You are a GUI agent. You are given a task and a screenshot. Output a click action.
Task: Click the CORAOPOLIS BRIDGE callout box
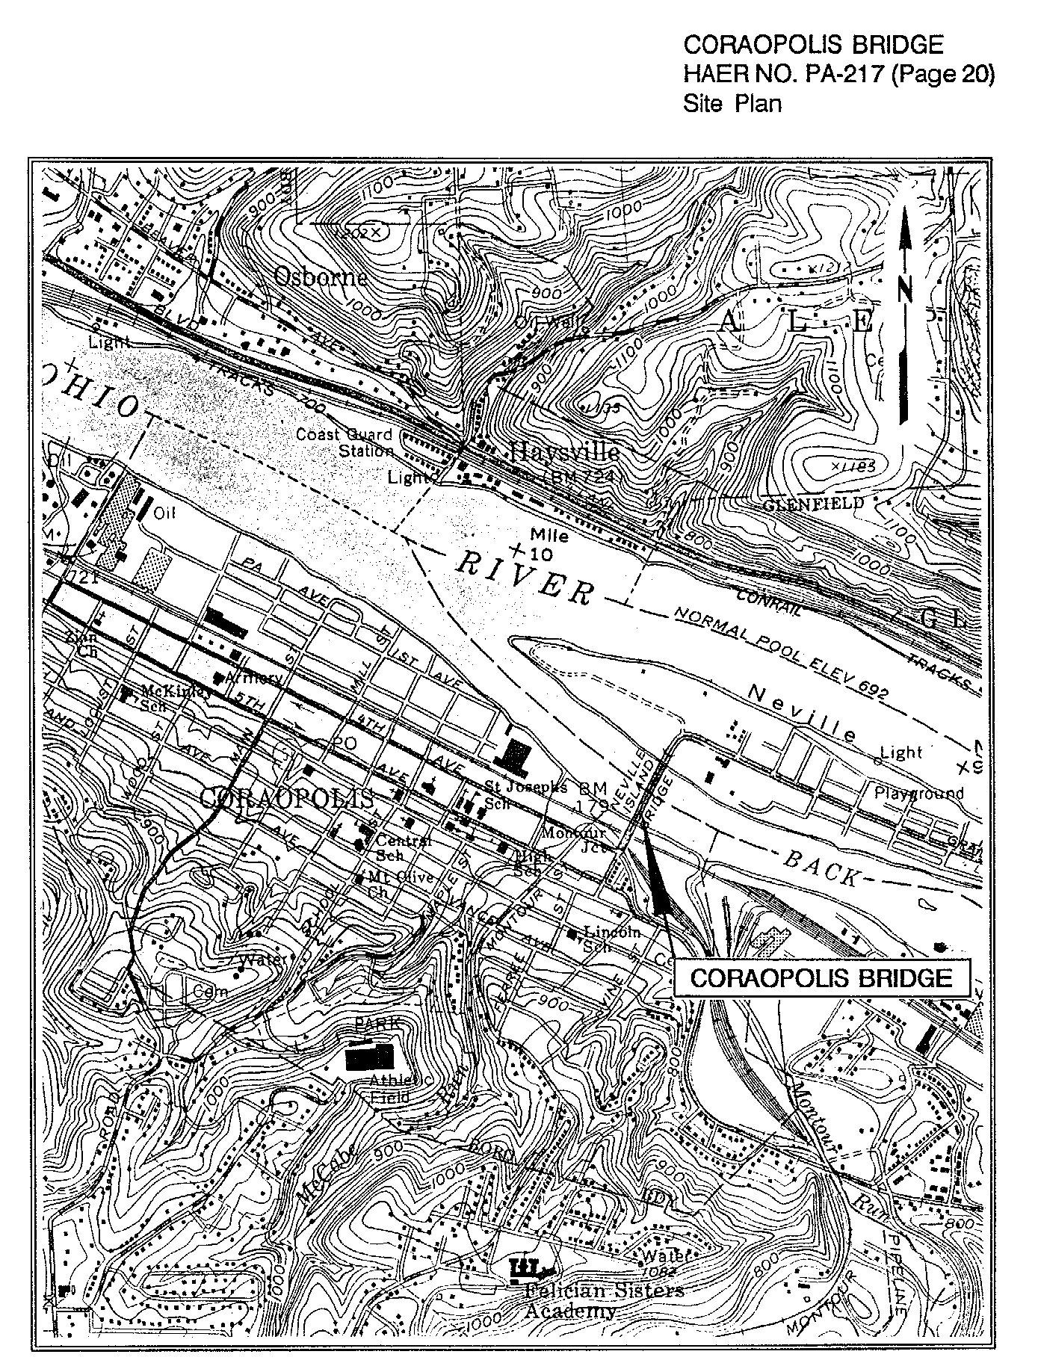(x=821, y=978)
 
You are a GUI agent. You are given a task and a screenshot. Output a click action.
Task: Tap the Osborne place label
(x=321, y=277)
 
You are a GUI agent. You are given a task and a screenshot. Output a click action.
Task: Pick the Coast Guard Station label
(x=345, y=442)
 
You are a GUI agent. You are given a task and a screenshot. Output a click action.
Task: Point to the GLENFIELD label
(x=813, y=504)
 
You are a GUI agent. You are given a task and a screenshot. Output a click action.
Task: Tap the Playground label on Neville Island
(x=919, y=793)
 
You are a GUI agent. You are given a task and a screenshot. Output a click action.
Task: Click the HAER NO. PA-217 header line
(x=838, y=74)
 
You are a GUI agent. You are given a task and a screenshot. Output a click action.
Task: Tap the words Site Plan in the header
(x=732, y=103)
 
